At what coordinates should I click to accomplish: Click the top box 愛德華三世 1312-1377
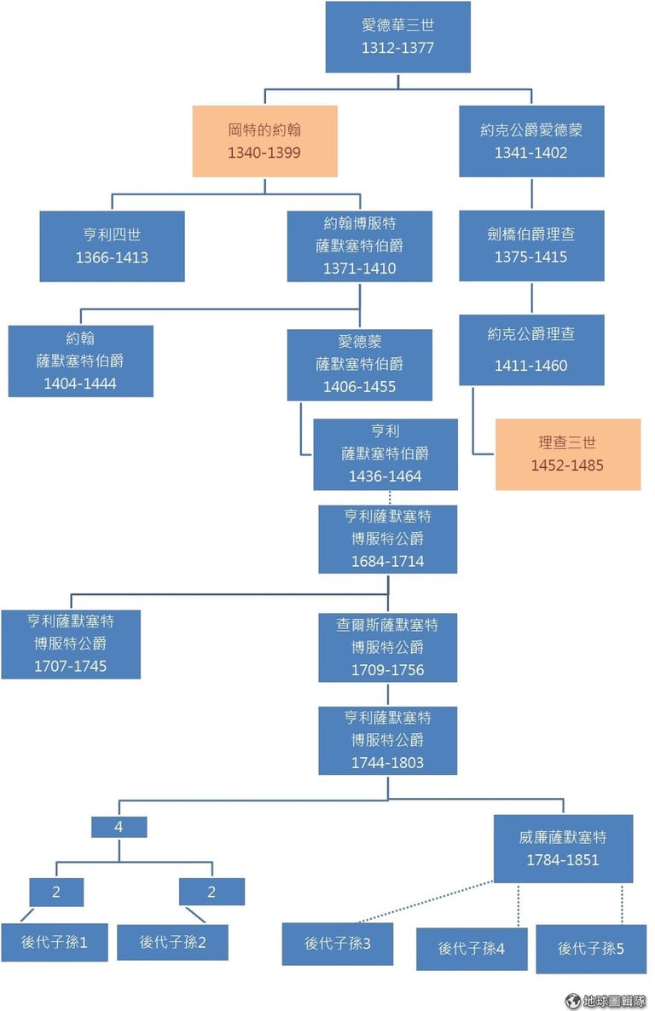[x=397, y=37]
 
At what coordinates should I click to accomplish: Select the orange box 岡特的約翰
[x=264, y=141]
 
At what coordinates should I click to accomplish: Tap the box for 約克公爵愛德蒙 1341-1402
[x=531, y=141]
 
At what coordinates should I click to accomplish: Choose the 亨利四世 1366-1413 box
[x=112, y=246]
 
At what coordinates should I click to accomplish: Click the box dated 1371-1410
[x=359, y=246]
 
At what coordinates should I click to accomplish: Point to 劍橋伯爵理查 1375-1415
[x=531, y=246]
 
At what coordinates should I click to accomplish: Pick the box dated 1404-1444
[x=81, y=361]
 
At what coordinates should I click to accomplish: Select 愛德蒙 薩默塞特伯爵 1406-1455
[x=359, y=364]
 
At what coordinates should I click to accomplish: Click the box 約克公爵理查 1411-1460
[x=531, y=350]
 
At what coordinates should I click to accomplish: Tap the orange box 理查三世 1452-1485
[x=568, y=454]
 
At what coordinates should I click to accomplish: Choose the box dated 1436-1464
[x=385, y=454]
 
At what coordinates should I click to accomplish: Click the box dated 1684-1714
[x=388, y=539]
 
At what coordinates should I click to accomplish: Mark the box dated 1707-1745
[x=71, y=644]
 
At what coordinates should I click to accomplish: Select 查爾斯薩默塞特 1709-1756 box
[x=388, y=647]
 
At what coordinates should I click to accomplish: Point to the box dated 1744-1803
[x=388, y=740]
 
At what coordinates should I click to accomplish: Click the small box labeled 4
[x=119, y=827]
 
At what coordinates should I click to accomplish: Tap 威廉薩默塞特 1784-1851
[x=564, y=849]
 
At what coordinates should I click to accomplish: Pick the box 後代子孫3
[x=338, y=944]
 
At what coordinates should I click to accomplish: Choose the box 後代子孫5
[x=591, y=948]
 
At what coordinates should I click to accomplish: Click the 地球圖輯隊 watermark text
[x=607, y=1000]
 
